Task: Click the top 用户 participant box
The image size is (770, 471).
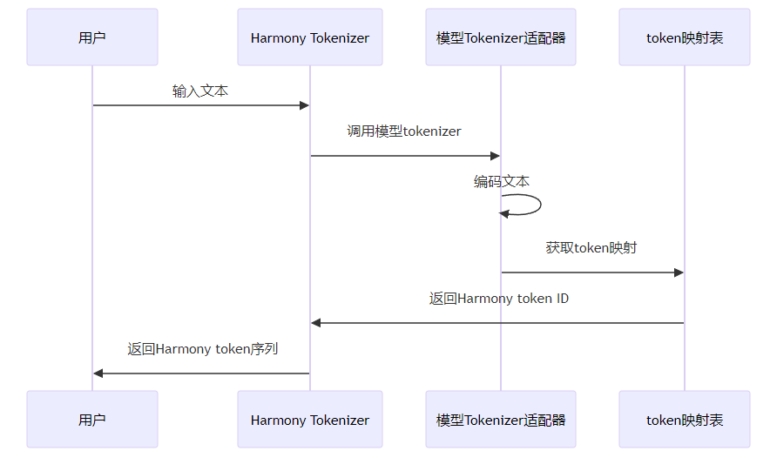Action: pyautogui.click(x=92, y=37)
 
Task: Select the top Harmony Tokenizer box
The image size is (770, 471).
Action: pyautogui.click(x=310, y=37)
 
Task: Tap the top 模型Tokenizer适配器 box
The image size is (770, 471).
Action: pyautogui.click(x=501, y=37)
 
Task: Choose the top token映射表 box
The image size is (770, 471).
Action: pyautogui.click(x=685, y=37)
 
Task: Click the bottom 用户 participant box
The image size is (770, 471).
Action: pyautogui.click(x=92, y=420)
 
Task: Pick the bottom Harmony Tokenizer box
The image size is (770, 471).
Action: pyautogui.click(x=310, y=420)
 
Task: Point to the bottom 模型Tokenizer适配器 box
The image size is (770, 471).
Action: pyautogui.click(x=501, y=420)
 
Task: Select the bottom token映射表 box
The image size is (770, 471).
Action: pyautogui.click(x=685, y=420)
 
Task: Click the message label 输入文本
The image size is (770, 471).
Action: pyautogui.click(x=200, y=91)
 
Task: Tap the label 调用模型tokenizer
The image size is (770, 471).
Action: pyautogui.click(x=404, y=131)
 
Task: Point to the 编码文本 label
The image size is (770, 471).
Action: pyautogui.click(x=502, y=181)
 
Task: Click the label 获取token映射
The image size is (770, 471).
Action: pyautogui.click(x=591, y=247)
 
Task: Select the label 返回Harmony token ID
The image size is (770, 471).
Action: pyautogui.click(x=499, y=299)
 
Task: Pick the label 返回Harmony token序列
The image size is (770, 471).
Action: pyautogui.click(x=203, y=349)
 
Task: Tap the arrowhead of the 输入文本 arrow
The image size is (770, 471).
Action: pyautogui.click(x=305, y=105)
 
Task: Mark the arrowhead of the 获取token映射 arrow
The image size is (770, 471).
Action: pyautogui.click(x=679, y=273)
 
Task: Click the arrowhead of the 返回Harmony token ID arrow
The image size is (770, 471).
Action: pyautogui.click(x=316, y=323)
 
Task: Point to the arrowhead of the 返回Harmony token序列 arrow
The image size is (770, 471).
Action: pyautogui.click(x=98, y=373)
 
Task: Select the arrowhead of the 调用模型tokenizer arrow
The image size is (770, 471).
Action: pyautogui.click(x=495, y=156)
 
